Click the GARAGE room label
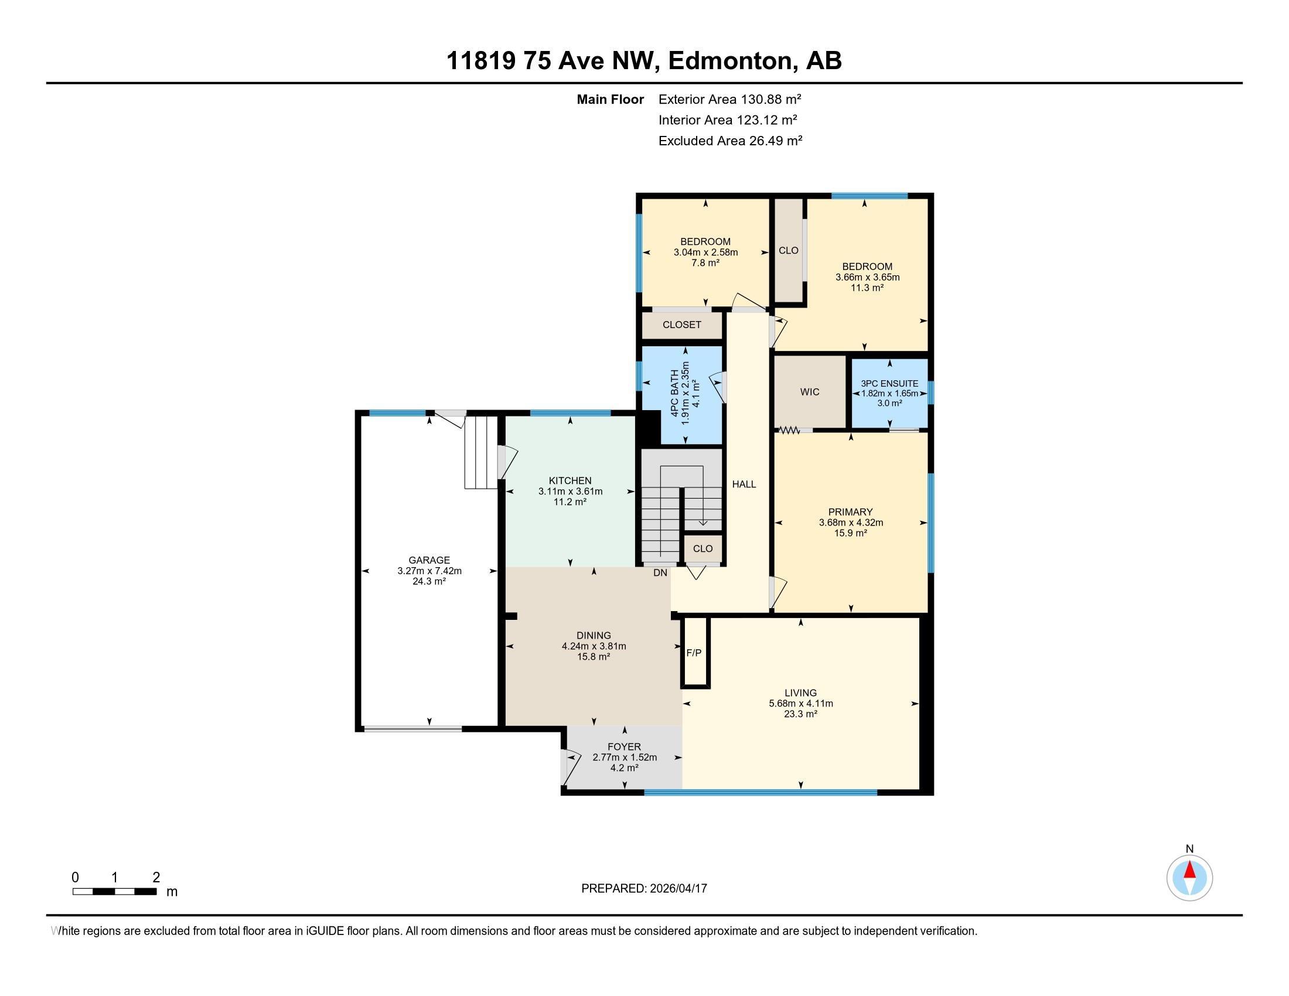(429, 560)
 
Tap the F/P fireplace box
(694, 653)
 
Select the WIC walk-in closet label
(810, 392)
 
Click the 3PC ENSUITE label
(889, 384)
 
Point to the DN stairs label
(660, 572)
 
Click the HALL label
(744, 484)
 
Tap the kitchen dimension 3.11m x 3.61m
(570, 491)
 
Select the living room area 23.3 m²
(800, 714)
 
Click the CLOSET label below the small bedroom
(681, 325)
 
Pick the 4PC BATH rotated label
(674, 394)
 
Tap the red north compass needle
(1189, 870)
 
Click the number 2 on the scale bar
(156, 878)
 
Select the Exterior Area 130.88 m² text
(729, 99)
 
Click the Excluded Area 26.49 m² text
(730, 141)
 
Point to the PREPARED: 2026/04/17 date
(644, 888)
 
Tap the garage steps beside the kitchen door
(481, 452)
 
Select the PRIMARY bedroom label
(850, 511)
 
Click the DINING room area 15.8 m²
(593, 656)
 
